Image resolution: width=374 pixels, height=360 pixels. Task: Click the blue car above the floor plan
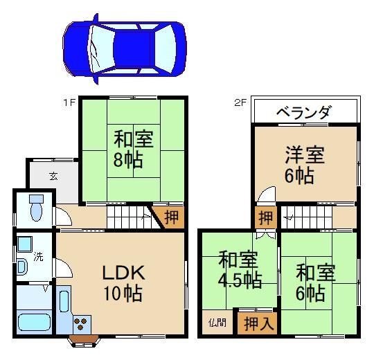125,46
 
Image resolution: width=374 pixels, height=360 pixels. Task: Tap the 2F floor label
240,102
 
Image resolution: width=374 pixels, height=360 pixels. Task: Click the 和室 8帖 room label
129,148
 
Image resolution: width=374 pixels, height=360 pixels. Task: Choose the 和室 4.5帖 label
240,270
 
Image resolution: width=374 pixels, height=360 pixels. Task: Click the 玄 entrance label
53,175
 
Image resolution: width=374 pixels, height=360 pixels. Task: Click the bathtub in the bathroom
34,323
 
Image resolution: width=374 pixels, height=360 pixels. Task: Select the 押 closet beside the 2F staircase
265,217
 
